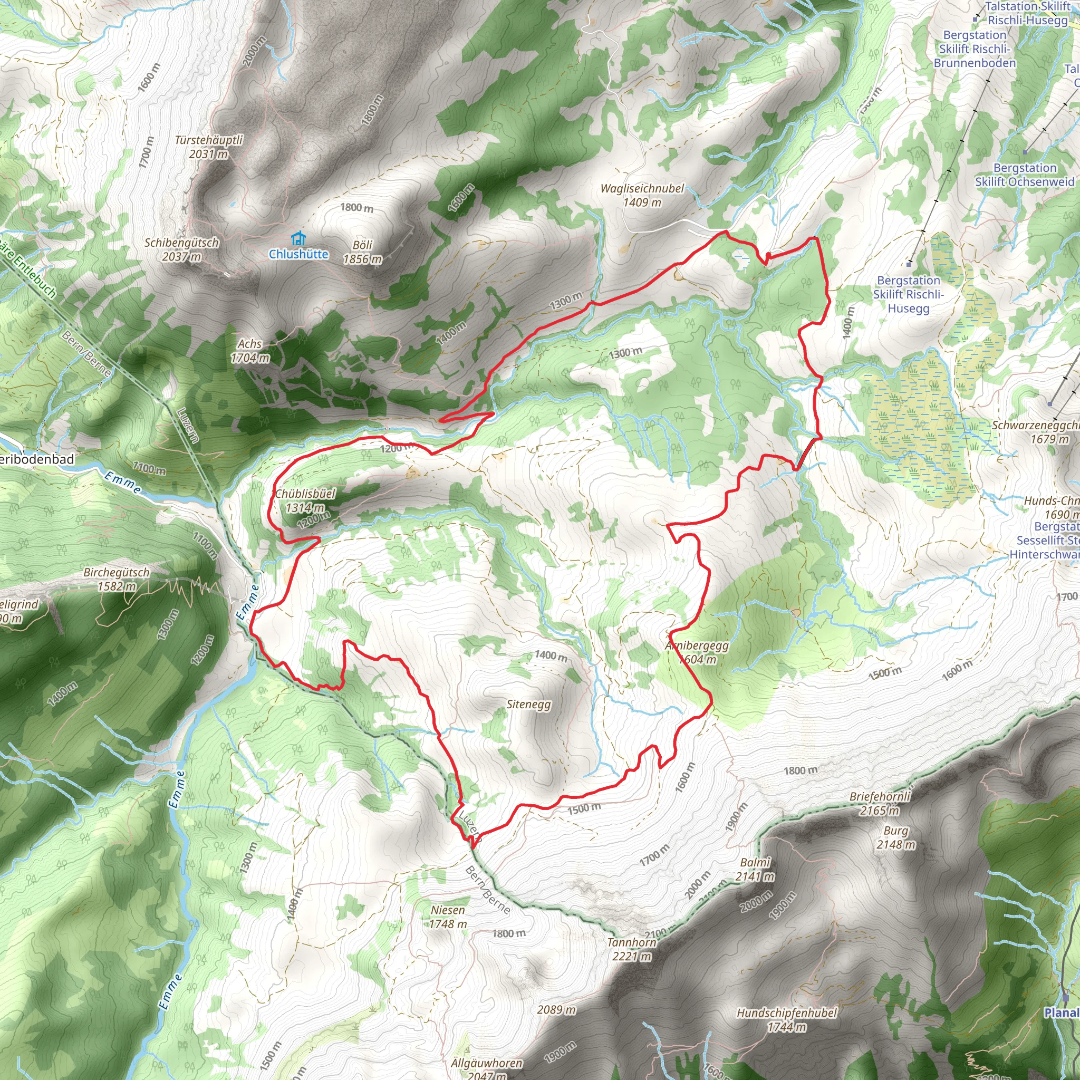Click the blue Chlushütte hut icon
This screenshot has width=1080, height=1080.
[x=299, y=238]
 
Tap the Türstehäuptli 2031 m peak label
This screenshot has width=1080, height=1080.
[x=208, y=147]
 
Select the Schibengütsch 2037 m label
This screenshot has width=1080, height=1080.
[x=182, y=249]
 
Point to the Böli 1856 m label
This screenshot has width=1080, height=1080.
[x=362, y=252]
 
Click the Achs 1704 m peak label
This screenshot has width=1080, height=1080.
[x=250, y=351]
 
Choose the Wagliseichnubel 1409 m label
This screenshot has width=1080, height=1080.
[x=642, y=196]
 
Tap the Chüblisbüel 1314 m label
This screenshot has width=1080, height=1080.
[x=305, y=500]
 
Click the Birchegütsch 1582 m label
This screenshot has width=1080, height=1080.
[x=116, y=579]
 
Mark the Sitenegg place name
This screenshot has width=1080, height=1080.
[x=528, y=705]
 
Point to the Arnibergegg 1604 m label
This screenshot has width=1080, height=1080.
[x=697, y=652]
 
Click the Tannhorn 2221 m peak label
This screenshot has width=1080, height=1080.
[x=632, y=949]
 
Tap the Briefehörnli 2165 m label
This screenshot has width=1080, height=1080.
[x=880, y=803]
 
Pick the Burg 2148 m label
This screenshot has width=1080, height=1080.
[x=895, y=837]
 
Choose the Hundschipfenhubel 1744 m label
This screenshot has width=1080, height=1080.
[x=786, y=1020]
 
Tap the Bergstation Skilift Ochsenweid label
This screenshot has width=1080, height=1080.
[x=1025, y=175]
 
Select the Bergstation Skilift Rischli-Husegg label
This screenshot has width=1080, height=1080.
[x=909, y=294]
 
